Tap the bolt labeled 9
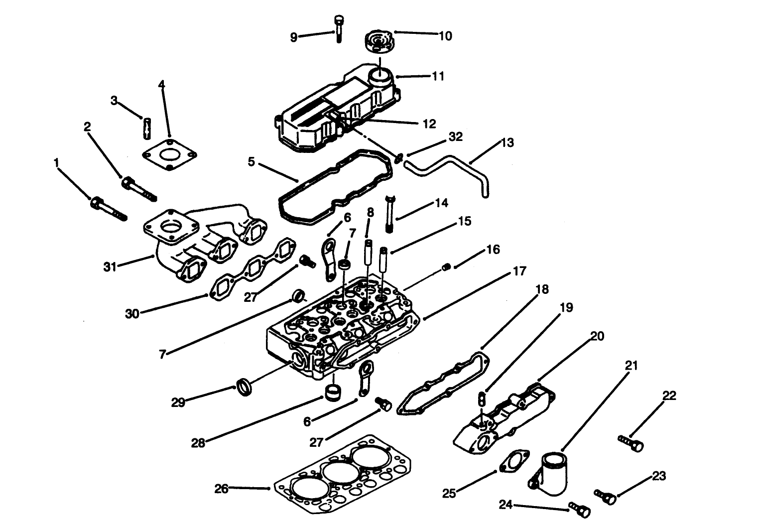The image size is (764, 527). pyautogui.click(x=338, y=28)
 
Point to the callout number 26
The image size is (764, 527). pyautogui.click(x=221, y=490)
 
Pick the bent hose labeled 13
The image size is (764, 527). pyautogui.click(x=448, y=167)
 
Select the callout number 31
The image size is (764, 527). pyautogui.click(x=110, y=267)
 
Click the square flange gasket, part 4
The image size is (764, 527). pyautogui.click(x=169, y=154)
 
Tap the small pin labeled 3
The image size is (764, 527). pyautogui.click(x=147, y=129)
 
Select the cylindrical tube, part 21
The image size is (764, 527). pyautogui.click(x=550, y=473)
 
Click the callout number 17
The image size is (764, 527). pyautogui.click(x=519, y=272)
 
